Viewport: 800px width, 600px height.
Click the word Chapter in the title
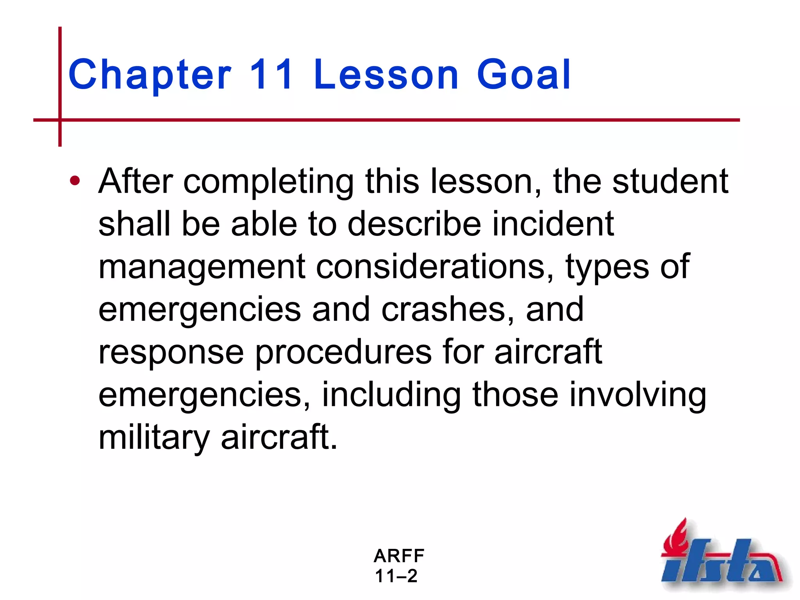tap(150, 74)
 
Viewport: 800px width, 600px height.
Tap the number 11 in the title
tap(271, 74)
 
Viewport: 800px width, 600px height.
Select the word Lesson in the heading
tap(386, 74)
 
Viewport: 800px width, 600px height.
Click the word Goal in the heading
tap(523, 74)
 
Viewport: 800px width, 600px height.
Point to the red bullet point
tap(75, 181)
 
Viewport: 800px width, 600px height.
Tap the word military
tap(154, 437)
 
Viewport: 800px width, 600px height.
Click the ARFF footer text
tap(399, 555)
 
